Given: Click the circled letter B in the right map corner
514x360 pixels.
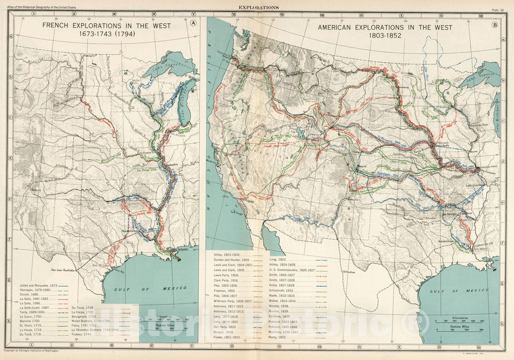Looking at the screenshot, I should coord(495,24).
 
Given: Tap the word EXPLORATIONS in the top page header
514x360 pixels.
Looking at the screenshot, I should coord(259,8).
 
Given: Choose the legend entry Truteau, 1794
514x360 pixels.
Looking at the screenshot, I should coord(84,334).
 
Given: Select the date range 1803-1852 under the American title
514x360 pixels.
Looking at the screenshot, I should coord(385,36).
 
